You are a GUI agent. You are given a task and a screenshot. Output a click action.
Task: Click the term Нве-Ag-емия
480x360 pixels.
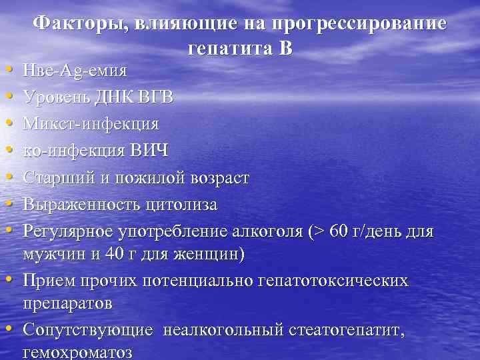[x=75, y=70]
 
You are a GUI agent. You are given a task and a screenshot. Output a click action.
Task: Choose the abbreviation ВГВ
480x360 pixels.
[x=157, y=97]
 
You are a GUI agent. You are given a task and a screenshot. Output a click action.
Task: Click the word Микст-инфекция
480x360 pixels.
[x=91, y=124]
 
